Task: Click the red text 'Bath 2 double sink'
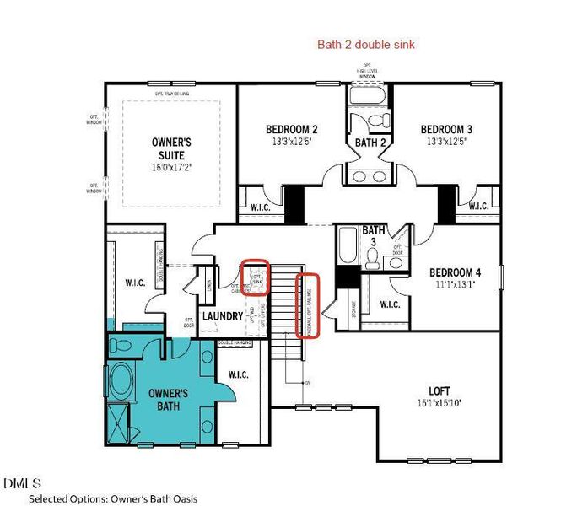point(365,45)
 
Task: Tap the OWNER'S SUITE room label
point(171,148)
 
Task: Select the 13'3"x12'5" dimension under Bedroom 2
point(292,143)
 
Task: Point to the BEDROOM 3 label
point(446,129)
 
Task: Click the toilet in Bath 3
point(395,262)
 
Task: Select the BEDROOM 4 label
point(455,272)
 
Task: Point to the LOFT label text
point(439,390)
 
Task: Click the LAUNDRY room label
point(222,316)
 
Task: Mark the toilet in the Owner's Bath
point(121,345)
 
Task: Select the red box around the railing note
point(309,305)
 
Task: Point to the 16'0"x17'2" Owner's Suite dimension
point(171,168)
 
